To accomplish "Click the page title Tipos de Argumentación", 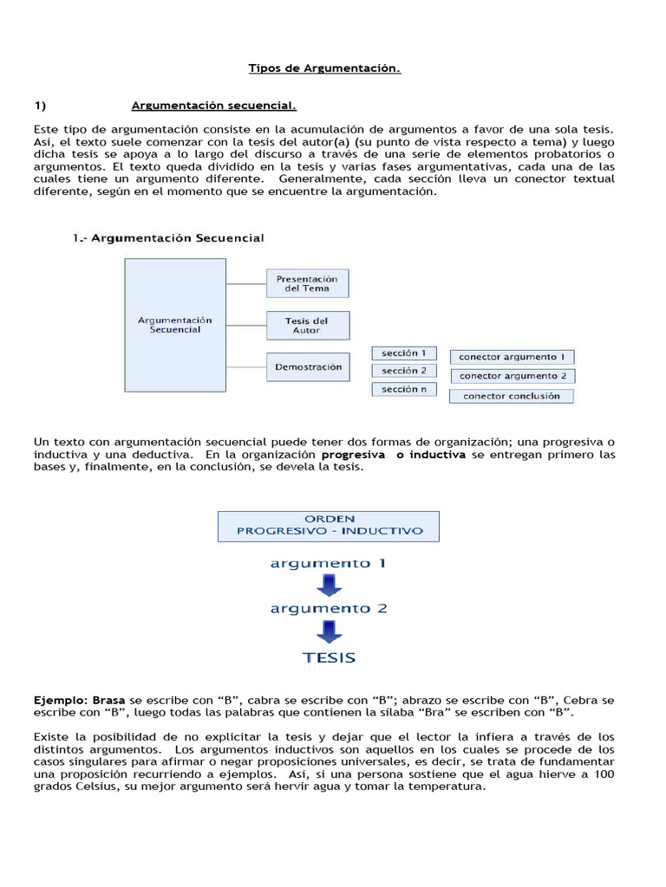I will tap(324, 68).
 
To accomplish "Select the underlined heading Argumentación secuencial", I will tap(213, 106).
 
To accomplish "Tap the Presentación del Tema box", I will tap(307, 283).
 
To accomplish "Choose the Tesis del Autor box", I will tap(307, 326).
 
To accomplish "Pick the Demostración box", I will tap(308, 366).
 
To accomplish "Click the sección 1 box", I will tap(404, 353).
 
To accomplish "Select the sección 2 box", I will tap(404, 371).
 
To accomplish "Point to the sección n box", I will tap(404, 389).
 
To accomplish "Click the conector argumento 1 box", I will tap(512, 356).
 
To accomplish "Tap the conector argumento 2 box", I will tap(512, 376).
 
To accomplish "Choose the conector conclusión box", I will tap(512, 396).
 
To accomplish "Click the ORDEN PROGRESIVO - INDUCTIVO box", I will tap(328, 525).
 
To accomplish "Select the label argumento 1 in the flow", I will tap(328, 563).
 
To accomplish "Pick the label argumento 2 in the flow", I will tap(328, 608).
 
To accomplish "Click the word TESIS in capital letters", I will tap(329, 657).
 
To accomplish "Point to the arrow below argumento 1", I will tap(329, 586).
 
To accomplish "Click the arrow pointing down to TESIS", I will tap(329, 631).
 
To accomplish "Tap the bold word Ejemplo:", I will tap(61, 699).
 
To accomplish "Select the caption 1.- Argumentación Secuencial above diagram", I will tap(168, 237).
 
